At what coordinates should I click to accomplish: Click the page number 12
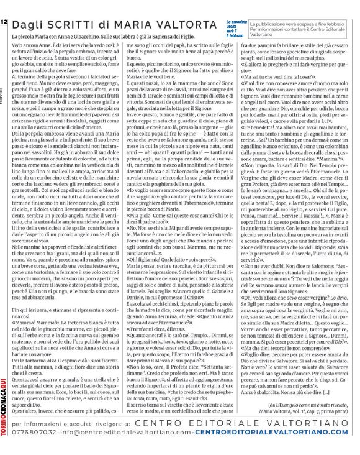tap(4, 6)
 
